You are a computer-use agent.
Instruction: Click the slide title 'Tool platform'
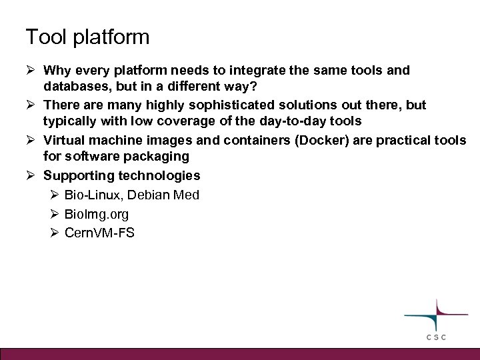coord(87,37)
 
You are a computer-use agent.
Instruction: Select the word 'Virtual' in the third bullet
coord(64,141)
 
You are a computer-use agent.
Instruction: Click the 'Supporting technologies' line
coord(121,176)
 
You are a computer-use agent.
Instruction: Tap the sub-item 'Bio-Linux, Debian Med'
coord(131,195)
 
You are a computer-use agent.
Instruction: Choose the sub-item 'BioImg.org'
coord(97,215)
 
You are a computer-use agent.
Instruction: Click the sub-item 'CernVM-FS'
coord(99,233)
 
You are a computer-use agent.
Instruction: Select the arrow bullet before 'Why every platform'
coord(33,70)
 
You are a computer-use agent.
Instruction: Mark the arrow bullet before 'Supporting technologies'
coord(33,176)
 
